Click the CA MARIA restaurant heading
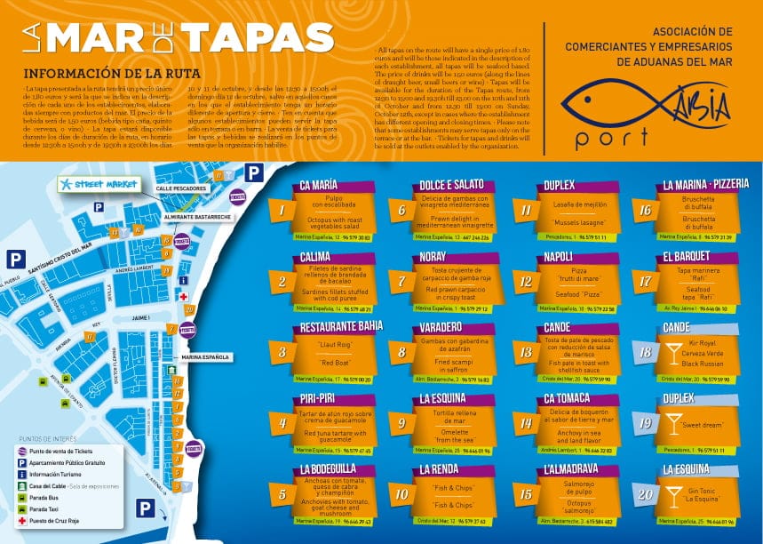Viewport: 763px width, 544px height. pyautogui.click(x=319, y=186)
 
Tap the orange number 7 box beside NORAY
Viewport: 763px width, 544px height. pyautogui.click(x=402, y=281)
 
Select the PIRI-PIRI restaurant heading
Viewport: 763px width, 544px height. pyautogui.click(x=317, y=399)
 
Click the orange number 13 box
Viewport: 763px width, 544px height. pyautogui.click(x=526, y=352)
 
